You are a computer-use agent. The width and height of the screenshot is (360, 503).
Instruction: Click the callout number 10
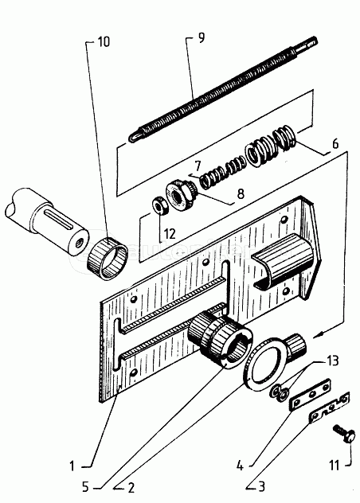104,41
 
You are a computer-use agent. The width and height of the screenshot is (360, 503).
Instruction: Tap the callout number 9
201,37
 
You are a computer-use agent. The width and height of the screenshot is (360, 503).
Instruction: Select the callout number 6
335,144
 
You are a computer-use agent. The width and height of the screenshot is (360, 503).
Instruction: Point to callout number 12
170,234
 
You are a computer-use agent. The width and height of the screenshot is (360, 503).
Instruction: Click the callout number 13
334,361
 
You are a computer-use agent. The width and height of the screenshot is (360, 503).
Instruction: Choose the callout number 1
72,466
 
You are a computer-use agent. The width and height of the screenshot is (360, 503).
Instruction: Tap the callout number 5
85,486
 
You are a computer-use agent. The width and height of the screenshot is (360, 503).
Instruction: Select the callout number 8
241,193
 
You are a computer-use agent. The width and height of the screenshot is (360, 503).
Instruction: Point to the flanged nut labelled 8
178,194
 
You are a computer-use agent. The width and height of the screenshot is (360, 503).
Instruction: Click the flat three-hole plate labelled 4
311,395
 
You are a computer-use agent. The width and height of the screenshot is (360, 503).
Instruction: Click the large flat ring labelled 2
264,365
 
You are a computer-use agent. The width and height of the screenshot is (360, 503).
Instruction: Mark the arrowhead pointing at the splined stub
319,334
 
